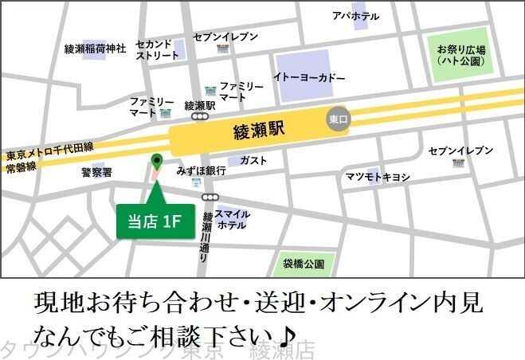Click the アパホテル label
[355, 16]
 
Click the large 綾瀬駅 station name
[261, 127]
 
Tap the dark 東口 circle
[339, 119]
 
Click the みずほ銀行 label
[202, 170]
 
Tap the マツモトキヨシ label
[378, 177]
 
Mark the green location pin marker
[156, 162]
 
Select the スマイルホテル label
[232, 219]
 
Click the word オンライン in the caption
[374, 305]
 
